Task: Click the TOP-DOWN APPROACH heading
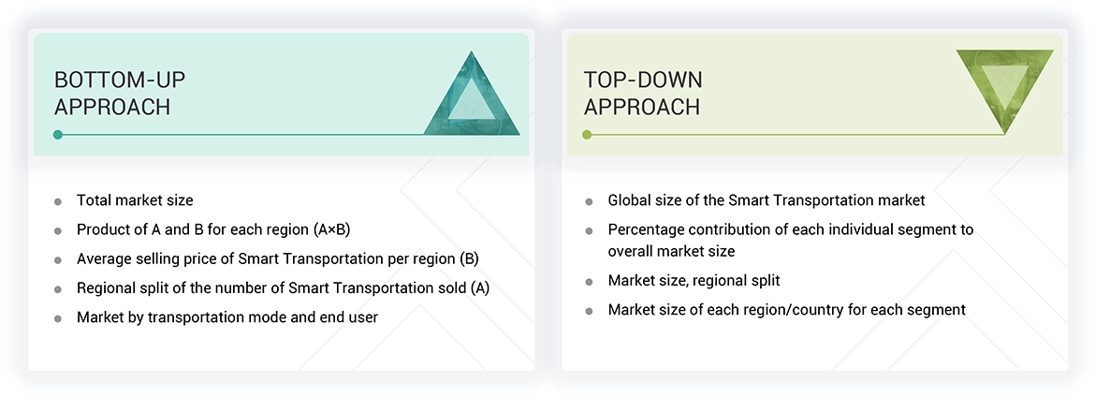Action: (x=642, y=94)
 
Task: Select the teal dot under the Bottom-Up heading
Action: (x=58, y=135)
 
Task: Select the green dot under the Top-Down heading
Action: (x=587, y=135)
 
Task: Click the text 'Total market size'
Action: (x=135, y=200)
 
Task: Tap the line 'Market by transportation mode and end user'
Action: (x=227, y=317)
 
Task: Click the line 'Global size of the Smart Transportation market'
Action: (x=766, y=200)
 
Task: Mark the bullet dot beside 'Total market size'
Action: (x=58, y=201)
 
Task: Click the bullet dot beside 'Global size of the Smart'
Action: (x=589, y=201)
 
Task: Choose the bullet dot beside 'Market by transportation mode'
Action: (x=58, y=318)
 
